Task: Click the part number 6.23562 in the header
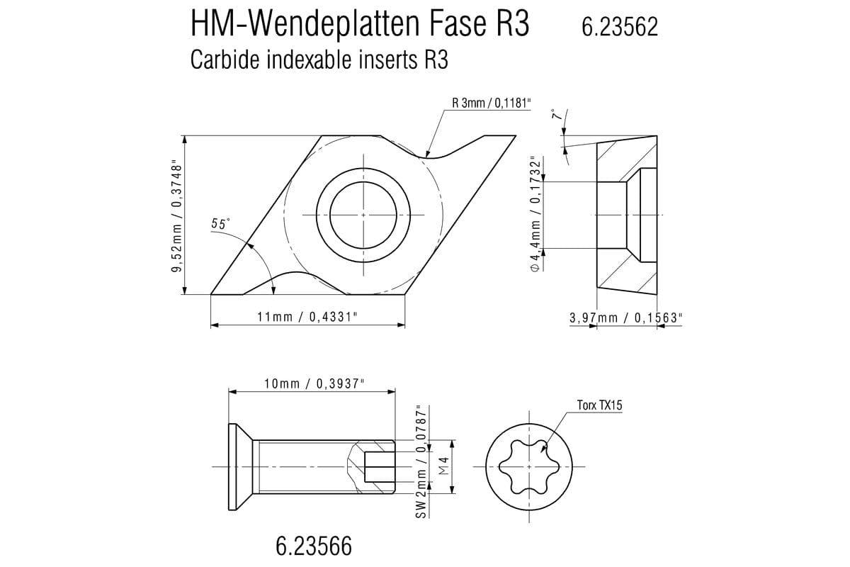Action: tap(619, 27)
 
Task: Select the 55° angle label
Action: tap(220, 224)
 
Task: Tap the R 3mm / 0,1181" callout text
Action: tap(491, 103)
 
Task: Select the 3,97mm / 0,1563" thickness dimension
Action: tap(625, 318)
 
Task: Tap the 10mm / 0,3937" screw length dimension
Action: tap(313, 383)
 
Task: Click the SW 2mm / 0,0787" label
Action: tap(422, 461)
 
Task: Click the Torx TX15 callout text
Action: tap(599, 405)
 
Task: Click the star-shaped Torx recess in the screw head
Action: tap(528, 467)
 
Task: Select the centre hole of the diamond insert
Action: tap(363, 214)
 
